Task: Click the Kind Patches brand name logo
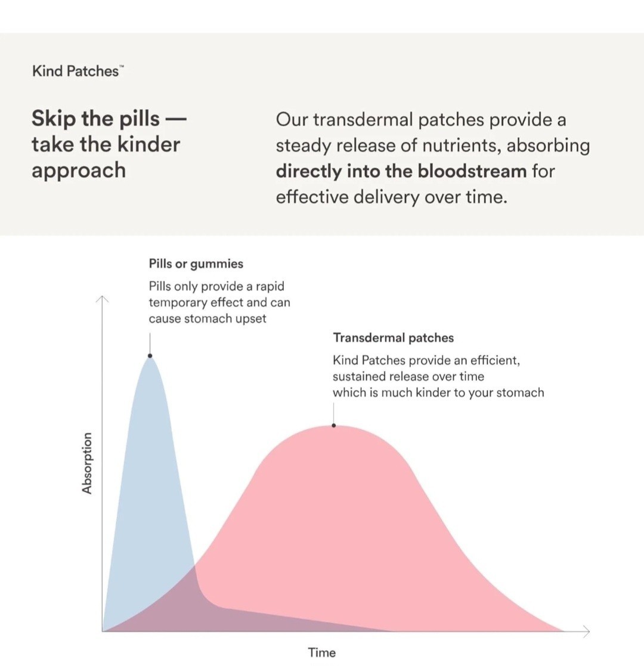[76, 71]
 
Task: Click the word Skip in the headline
[54, 118]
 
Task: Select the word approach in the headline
[79, 171]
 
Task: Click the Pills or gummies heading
[196, 264]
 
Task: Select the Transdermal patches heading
[393, 338]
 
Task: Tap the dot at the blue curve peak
[150, 356]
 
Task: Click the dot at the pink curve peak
[334, 425]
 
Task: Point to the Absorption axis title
[87, 463]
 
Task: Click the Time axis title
[322, 652]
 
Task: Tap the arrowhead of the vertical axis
[103, 299]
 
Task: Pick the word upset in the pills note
[250, 318]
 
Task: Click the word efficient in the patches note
[494, 361]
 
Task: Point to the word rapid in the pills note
[270, 286]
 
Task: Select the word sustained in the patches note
[360, 376]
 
